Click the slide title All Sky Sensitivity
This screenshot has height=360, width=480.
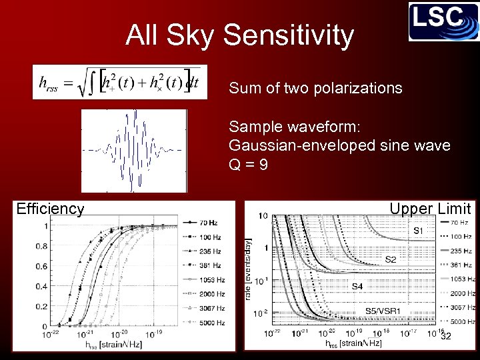pyautogui.click(x=239, y=35)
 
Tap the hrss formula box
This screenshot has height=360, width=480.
pyautogui.click(x=120, y=82)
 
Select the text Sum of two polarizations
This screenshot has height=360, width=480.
pyautogui.click(x=315, y=88)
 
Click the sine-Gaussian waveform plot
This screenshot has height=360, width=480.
pyautogui.click(x=134, y=151)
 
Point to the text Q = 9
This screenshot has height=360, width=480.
pyautogui.click(x=249, y=164)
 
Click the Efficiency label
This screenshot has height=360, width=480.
pyautogui.click(x=51, y=209)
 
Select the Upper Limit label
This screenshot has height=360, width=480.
pyautogui.click(x=430, y=209)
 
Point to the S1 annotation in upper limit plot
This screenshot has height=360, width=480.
pyautogui.click(x=417, y=231)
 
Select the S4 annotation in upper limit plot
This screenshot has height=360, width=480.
pyautogui.click(x=358, y=287)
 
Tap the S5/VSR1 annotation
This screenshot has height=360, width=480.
pyautogui.click(x=382, y=311)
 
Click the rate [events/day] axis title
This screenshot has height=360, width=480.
pyautogui.click(x=249, y=270)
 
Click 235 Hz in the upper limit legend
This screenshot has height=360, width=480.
pyautogui.click(x=462, y=251)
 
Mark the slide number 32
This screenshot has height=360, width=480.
pyautogui.click(x=446, y=336)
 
